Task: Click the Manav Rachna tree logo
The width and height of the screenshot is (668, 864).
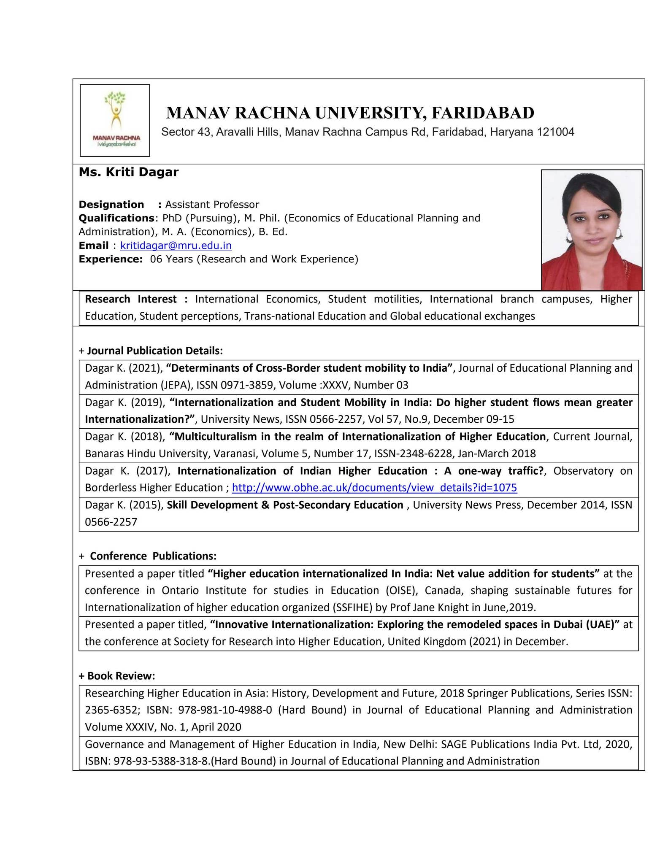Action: (x=115, y=120)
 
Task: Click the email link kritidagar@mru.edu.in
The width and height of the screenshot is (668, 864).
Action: (x=176, y=246)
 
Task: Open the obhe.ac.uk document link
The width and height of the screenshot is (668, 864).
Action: (x=374, y=488)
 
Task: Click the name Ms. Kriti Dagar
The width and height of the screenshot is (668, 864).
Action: (x=129, y=172)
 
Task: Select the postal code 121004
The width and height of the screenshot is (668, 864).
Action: (x=555, y=132)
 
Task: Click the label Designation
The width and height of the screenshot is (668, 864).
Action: (x=111, y=205)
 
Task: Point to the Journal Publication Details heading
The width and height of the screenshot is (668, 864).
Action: (x=154, y=351)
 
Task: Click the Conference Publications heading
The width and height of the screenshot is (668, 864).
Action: (x=153, y=556)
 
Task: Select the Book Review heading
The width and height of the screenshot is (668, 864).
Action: (x=121, y=676)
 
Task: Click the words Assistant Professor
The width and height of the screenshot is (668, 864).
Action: (x=212, y=205)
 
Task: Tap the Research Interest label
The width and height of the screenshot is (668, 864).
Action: (x=131, y=299)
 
